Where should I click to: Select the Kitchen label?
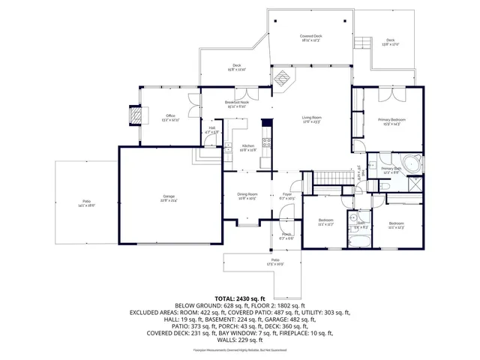click(247, 147)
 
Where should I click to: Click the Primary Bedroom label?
click(388, 121)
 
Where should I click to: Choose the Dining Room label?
click(247, 196)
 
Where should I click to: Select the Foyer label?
click(286, 196)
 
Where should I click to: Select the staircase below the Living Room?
click(328, 177)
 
